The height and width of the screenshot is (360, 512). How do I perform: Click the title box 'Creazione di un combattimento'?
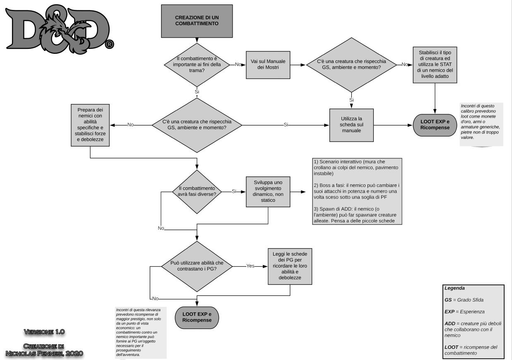197,21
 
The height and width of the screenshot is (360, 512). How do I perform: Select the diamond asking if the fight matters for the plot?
197,65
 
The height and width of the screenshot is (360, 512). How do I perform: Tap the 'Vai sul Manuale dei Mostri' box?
268,65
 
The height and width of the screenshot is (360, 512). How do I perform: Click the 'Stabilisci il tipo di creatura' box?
435,65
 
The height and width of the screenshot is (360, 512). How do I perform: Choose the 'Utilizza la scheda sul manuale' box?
351,125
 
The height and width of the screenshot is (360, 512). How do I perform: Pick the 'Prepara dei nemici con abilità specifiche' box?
90,125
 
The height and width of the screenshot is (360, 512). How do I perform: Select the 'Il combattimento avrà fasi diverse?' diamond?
197,192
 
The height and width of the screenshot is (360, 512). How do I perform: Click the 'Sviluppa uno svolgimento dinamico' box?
268,192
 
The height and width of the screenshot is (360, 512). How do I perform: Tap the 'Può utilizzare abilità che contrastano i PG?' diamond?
197,266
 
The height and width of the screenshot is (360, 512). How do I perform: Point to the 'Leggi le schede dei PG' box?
290,266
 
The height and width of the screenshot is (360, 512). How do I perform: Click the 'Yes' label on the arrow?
250,266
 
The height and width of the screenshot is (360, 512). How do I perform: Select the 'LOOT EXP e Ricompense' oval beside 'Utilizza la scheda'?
435,125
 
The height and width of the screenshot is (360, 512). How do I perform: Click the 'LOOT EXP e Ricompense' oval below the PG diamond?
197,318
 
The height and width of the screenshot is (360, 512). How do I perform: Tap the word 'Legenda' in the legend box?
454,288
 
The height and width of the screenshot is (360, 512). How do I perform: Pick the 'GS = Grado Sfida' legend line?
464,300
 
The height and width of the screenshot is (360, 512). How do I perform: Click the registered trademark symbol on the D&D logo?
109,44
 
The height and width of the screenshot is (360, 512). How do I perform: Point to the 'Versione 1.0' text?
44,332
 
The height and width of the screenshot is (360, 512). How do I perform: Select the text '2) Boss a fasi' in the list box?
329,186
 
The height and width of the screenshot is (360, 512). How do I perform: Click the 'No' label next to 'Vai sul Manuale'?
238,65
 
